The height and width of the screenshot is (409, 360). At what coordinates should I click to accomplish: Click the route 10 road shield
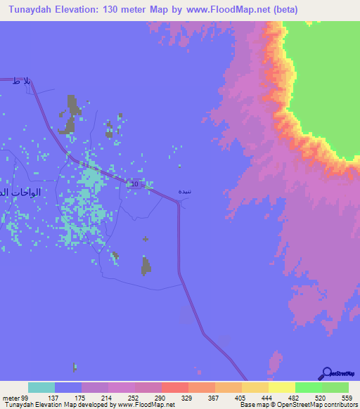click(135, 184)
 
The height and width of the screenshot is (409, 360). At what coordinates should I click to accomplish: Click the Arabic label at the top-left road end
click(22, 82)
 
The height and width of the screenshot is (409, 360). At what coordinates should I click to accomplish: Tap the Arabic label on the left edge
click(21, 192)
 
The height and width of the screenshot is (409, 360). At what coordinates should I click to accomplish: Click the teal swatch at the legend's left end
click(41, 387)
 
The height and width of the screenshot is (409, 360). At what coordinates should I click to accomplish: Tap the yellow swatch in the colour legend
click(282, 387)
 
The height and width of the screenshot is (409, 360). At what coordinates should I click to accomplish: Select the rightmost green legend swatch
click(335, 387)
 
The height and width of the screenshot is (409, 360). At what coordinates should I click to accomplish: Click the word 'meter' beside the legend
click(8, 397)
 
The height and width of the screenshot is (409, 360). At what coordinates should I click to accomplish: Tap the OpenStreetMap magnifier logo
click(327, 373)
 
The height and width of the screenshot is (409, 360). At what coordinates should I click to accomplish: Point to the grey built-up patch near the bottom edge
click(75, 367)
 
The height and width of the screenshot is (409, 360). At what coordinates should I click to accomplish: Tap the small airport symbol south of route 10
click(146, 240)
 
